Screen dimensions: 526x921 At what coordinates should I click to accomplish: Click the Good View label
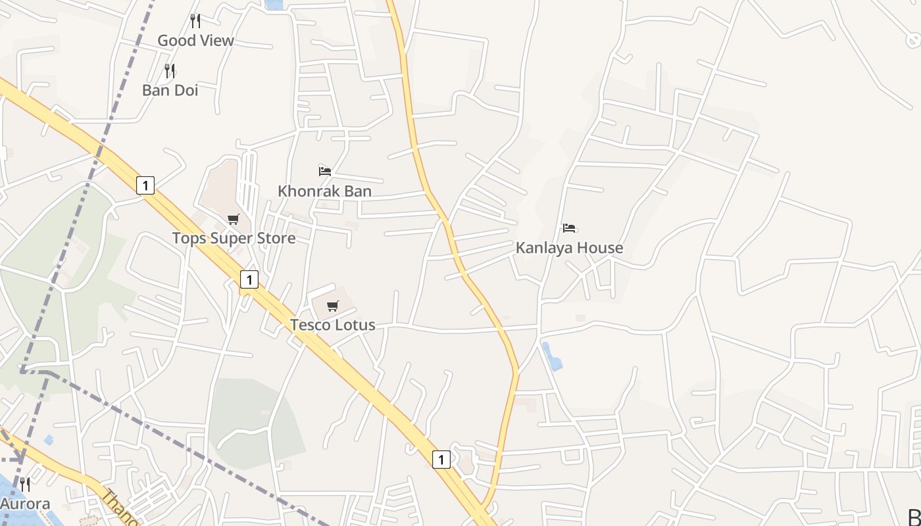click(195, 41)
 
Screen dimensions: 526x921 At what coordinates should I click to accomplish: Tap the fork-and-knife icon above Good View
click(195, 21)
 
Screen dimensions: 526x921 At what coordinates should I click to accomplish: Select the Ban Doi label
click(170, 90)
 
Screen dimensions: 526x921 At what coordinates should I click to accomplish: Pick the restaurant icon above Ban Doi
click(170, 71)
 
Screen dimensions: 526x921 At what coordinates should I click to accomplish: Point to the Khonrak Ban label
click(324, 191)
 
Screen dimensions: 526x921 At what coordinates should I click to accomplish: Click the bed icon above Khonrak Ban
click(324, 172)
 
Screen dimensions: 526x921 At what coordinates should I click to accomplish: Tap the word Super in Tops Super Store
click(234, 238)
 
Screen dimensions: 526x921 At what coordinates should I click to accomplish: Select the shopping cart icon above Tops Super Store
click(234, 219)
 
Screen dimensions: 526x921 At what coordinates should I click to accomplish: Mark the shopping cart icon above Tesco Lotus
click(333, 306)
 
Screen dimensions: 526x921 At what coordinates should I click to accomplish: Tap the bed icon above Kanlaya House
click(569, 228)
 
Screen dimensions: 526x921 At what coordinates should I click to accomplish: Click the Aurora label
click(25, 504)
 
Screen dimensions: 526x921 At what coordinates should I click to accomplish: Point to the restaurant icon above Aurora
click(25, 485)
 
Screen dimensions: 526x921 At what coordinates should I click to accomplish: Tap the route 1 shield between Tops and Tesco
click(249, 280)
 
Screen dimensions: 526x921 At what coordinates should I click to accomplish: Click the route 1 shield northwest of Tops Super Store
click(145, 185)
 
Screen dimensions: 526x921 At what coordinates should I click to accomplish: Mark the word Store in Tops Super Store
click(277, 238)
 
